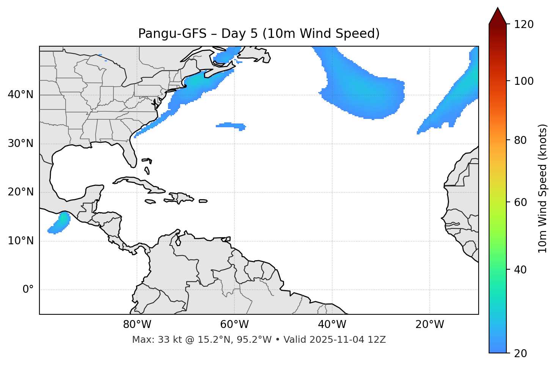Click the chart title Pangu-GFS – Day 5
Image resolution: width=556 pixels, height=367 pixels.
(259, 34)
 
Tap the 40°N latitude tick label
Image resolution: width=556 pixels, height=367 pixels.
(20, 95)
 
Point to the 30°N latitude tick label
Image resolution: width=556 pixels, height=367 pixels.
(20, 144)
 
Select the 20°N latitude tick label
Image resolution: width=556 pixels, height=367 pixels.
(20, 192)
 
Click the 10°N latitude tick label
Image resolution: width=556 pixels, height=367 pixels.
(20, 241)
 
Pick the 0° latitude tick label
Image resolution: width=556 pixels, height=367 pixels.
(28, 290)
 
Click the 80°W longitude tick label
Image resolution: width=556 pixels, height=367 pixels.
(137, 325)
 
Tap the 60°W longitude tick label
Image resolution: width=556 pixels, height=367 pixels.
(234, 325)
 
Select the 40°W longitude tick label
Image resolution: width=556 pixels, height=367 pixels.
(332, 325)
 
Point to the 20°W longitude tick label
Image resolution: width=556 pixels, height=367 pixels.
(429, 325)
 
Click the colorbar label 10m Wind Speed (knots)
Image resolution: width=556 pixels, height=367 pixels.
(543, 188)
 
